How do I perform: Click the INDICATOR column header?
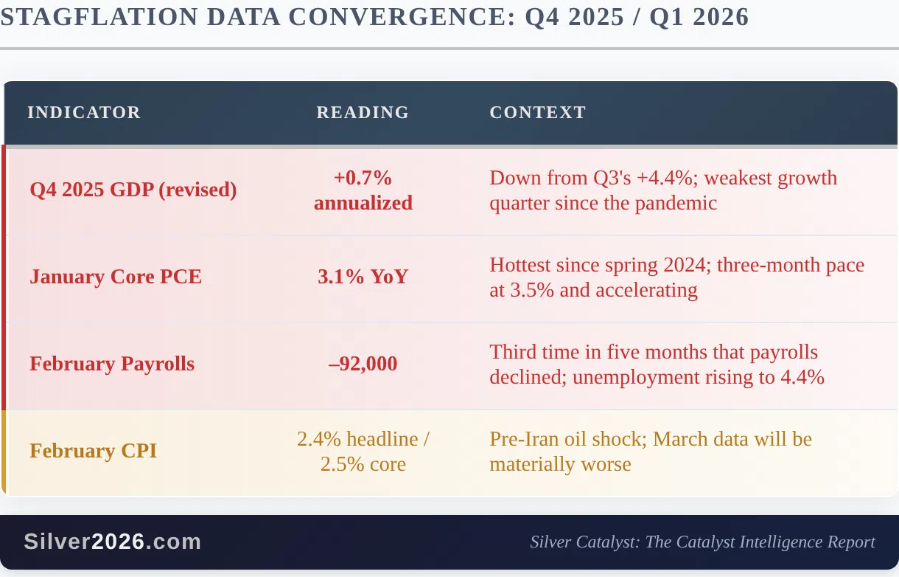coord(84,112)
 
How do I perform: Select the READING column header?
coord(363,112)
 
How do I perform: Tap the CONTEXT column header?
coord(538,112)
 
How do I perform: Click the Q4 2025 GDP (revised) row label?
coord(133,190)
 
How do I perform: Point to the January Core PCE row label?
coord(116,277)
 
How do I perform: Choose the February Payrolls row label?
coord(112,364)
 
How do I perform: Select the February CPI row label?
coord(93,451)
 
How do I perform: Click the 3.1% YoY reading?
coord(363,277)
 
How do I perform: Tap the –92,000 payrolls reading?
coord(363,364)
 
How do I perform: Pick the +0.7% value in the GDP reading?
coord(363,178)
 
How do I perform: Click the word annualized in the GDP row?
coord(363,203)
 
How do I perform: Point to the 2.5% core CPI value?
coord(363,465)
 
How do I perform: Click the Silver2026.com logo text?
coord(112,542)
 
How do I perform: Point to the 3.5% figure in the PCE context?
coord(532,290)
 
